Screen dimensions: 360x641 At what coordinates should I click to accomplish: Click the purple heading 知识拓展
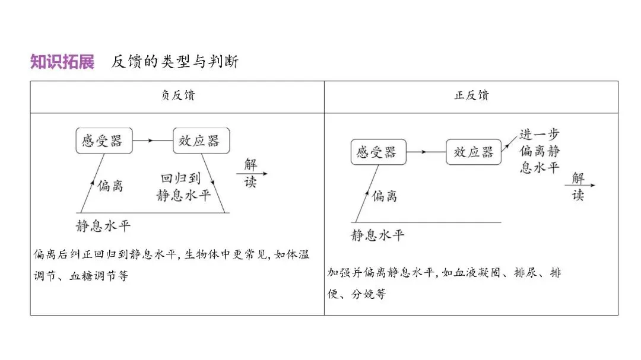62,62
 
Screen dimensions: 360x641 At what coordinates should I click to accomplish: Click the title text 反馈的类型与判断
174,62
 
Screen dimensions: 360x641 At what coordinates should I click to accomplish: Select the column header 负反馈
177,96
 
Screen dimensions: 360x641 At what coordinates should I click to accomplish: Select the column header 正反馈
471,96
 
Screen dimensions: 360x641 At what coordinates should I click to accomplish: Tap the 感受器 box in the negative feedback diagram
104,141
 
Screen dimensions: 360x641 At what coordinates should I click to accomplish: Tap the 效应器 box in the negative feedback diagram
201,141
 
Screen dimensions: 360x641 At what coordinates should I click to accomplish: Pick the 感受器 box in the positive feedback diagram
376,152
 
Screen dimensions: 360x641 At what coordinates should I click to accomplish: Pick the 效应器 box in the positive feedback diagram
473,152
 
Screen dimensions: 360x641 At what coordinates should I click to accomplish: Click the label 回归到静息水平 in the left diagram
183,187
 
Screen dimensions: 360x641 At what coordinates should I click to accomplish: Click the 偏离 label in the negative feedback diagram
110,185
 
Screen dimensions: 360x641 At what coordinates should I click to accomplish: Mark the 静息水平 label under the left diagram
103,225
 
